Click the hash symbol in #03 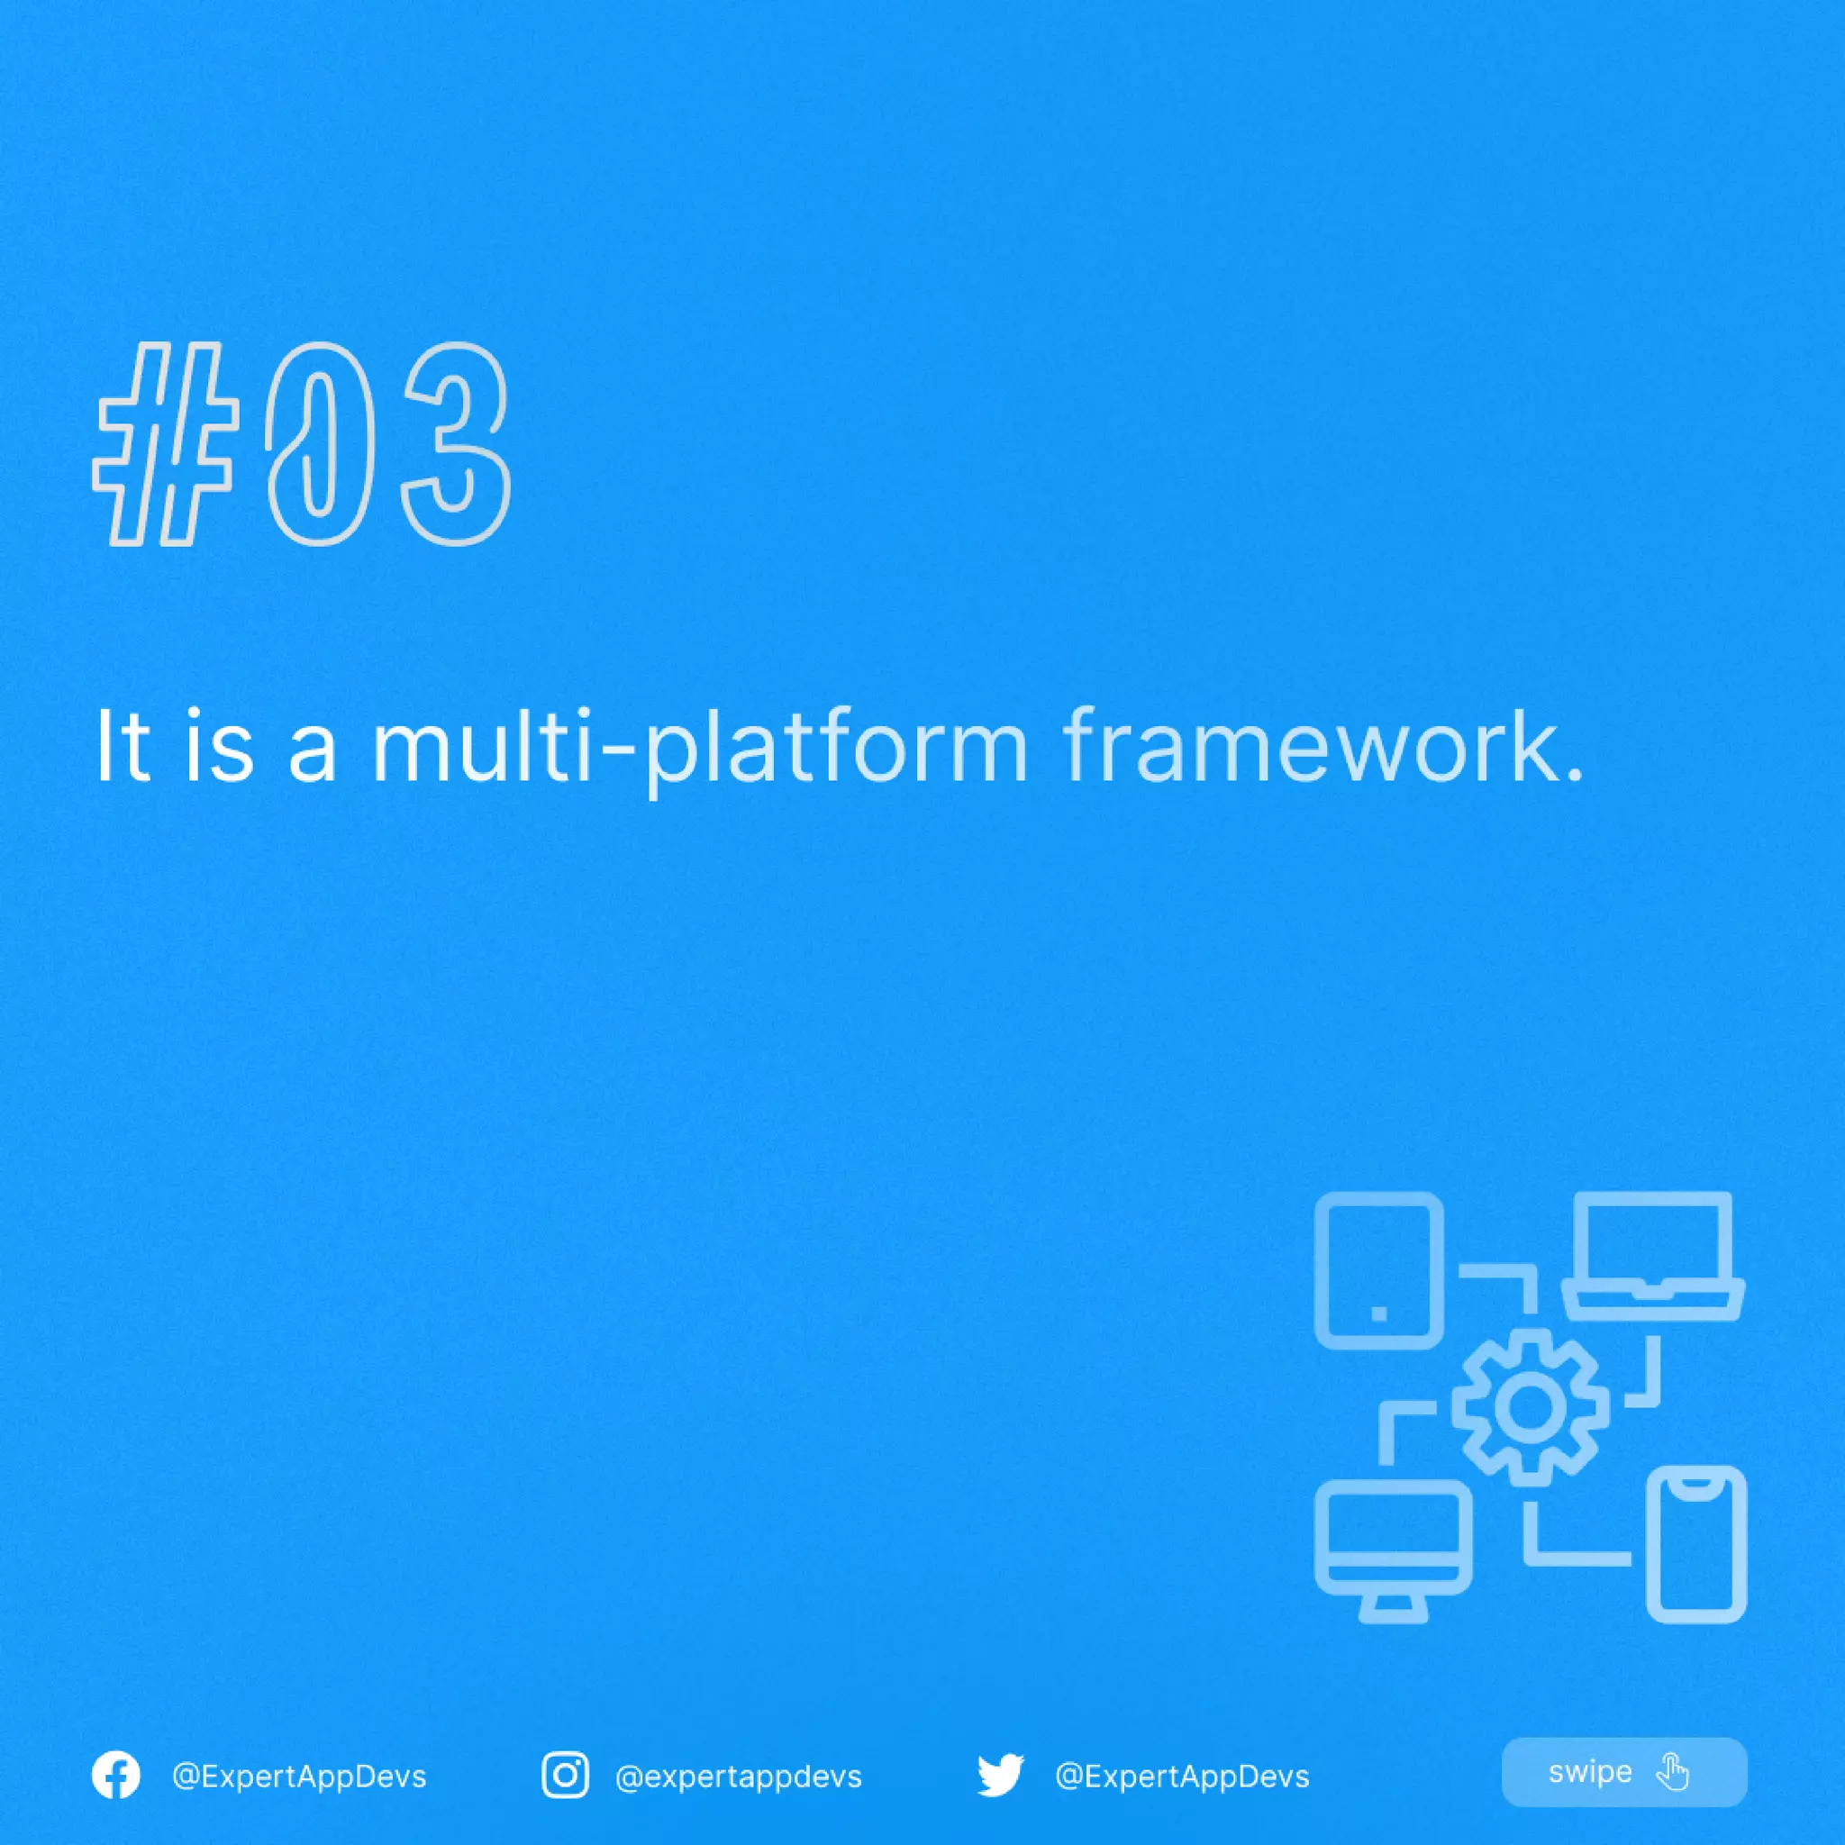(166, 444)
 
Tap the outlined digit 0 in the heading (318, 444)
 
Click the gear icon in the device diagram (1530, 1406)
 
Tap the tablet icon (1379, 1270)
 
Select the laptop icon (1653, 1256)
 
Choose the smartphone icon (1697, 1544)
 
